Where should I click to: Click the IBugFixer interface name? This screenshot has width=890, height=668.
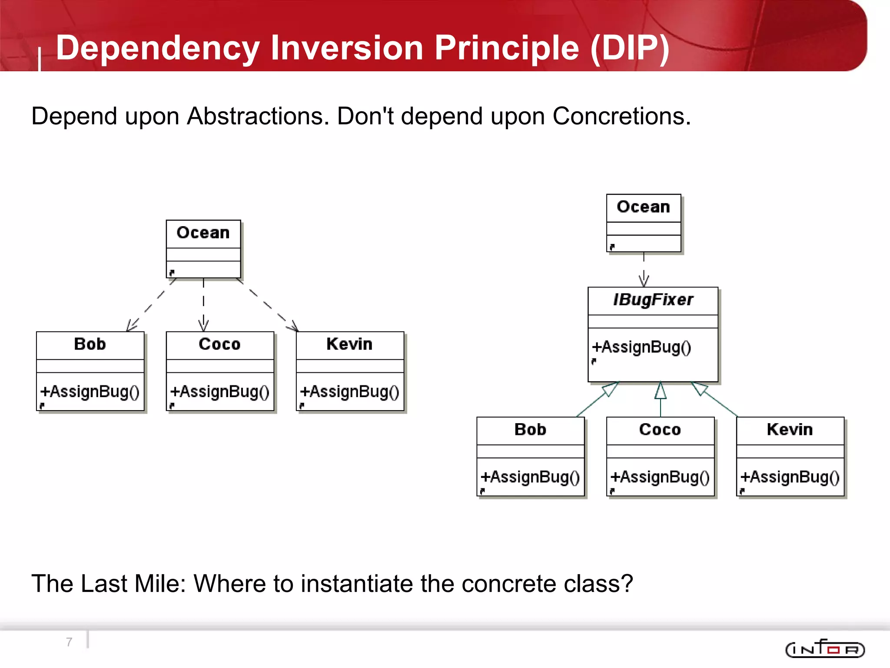(653, 300)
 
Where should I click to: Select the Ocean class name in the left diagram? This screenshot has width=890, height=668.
(203, 233)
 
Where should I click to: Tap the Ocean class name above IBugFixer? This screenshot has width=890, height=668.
(643, 207)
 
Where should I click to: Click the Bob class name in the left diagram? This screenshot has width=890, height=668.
(90, 344)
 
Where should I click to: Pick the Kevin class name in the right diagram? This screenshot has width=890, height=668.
(790, 430)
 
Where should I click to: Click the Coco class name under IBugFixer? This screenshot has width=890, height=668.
(660, 430)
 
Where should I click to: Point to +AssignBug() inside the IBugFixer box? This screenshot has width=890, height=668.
(641, 347)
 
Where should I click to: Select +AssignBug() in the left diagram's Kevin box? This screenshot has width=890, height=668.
(349, 392)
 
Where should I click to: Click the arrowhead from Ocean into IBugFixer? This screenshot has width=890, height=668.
(644, 280)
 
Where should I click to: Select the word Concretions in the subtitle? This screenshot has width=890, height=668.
(621, 117)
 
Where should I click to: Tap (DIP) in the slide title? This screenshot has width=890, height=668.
(630, 48)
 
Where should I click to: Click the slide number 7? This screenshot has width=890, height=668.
(69, 642)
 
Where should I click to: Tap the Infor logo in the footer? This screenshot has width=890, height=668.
(825, 649)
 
